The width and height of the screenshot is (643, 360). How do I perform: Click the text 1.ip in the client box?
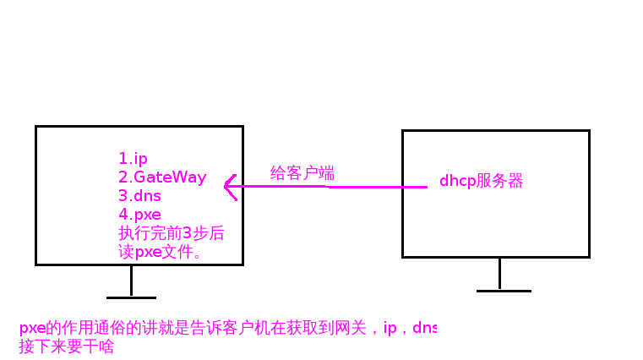click(x=133, y=159)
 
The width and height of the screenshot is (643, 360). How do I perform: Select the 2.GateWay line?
click(x=162, y=177)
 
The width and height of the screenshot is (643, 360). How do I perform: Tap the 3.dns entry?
click(x=139, y=196)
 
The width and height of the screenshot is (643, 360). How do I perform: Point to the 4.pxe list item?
click(x=139, y=215)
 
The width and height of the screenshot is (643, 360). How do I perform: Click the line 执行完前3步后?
click(x=171, y=233)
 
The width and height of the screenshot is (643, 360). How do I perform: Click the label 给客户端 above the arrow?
click(x=302, y=173)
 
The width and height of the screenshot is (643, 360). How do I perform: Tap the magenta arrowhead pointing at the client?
click(x=229, y=187)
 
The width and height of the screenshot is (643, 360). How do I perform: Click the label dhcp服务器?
click(x=481, y=181)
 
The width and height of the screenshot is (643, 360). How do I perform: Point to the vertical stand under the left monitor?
click(x=131, y=281)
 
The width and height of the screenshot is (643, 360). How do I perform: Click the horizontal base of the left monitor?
click(x=131, y=297)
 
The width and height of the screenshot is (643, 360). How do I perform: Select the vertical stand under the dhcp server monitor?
click(x=499, y=274)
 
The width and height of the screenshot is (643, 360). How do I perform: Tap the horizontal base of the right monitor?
click(x=504, y=291)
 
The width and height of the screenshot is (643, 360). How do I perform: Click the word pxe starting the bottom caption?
click(x=30, y=329)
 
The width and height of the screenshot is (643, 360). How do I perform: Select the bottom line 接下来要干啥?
click(x=66, y=346)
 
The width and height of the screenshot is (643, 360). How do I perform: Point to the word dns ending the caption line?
click(x=424, y=329)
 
